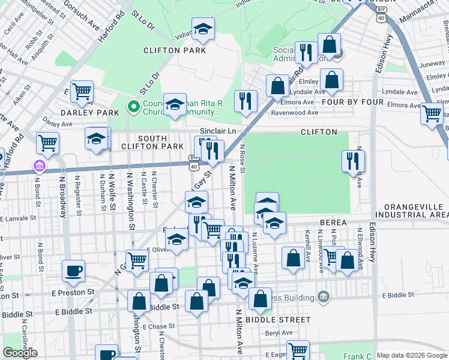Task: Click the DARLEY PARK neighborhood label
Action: [x=82, y=113]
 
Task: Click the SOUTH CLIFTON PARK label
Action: [x=152, y=142]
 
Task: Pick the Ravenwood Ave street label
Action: [x=295, y=112]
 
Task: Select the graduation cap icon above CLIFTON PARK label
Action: [x=203, y=29]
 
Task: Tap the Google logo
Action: [x=20, y=353]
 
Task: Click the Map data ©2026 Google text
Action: [x=412, y=355]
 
